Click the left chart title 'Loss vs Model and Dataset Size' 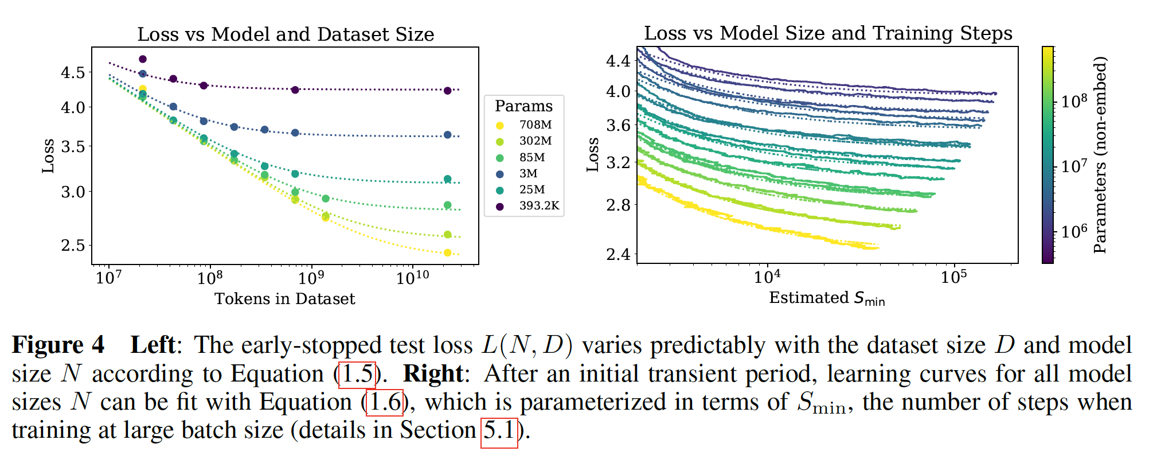286,34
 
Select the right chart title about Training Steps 828,33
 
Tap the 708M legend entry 535,125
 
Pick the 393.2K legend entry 538,206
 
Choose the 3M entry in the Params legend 528,174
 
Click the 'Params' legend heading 523,107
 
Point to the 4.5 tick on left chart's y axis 73,73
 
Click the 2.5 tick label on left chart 73,246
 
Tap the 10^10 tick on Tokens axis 412,278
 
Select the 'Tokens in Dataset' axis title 284,299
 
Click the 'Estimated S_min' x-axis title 827,298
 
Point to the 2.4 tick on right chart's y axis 618,254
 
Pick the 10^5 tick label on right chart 953,277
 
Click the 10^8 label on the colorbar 1074,102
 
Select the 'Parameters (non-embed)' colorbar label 1099,155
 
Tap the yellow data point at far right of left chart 448,253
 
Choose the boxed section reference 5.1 499,430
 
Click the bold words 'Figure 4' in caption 58,345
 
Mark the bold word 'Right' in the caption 433,374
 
